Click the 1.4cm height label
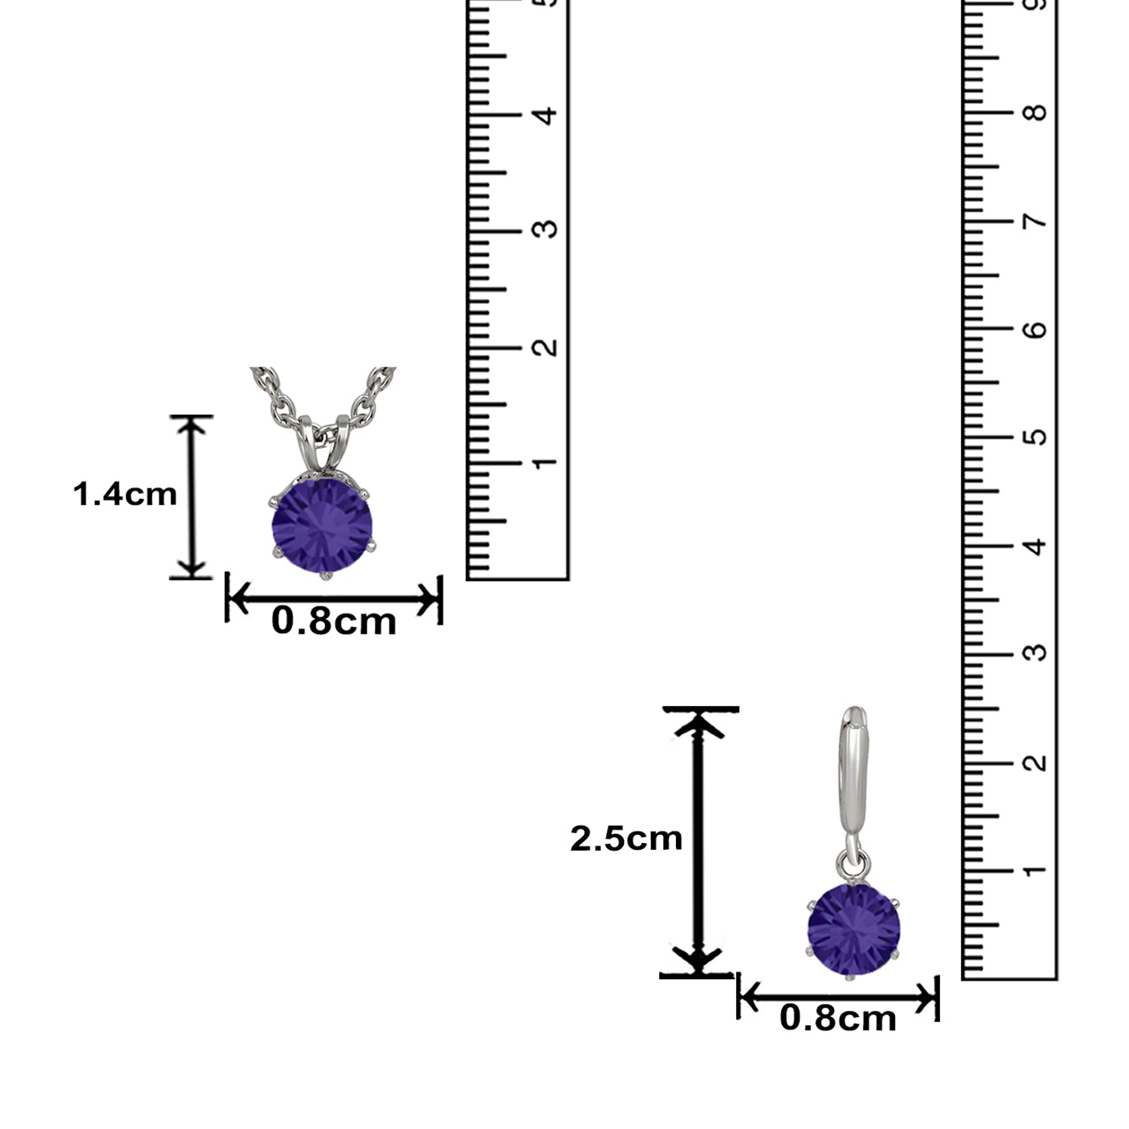click(125, 495)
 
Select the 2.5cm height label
click(625, 838)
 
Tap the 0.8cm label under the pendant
click(333, 622)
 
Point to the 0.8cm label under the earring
click(838, 1018)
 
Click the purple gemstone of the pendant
click(322, 524)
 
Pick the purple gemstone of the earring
click(854, 930)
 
